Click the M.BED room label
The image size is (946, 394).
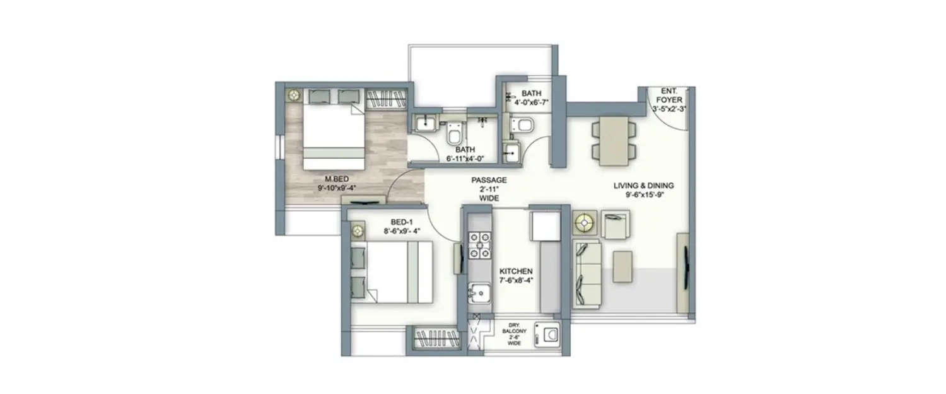(334, 183)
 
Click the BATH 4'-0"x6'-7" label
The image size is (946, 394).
(532, 98)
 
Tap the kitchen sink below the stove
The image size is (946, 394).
(479, 293)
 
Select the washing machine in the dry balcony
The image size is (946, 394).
(546, 334)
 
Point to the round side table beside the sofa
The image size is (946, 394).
(585, 224)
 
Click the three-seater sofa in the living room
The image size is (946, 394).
(587, 274)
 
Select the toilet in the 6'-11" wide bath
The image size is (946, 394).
(454, 133)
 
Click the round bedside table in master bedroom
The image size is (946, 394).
(294, 95)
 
